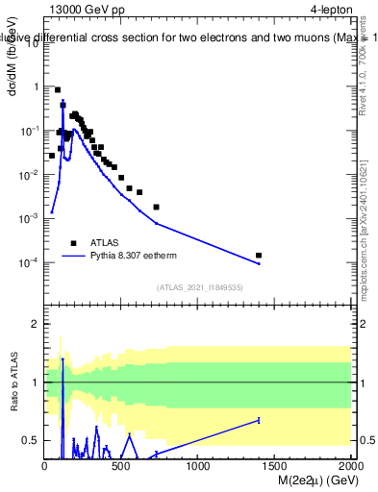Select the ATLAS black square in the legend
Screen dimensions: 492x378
(73, 243)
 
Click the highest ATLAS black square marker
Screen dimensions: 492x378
(58, 89)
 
